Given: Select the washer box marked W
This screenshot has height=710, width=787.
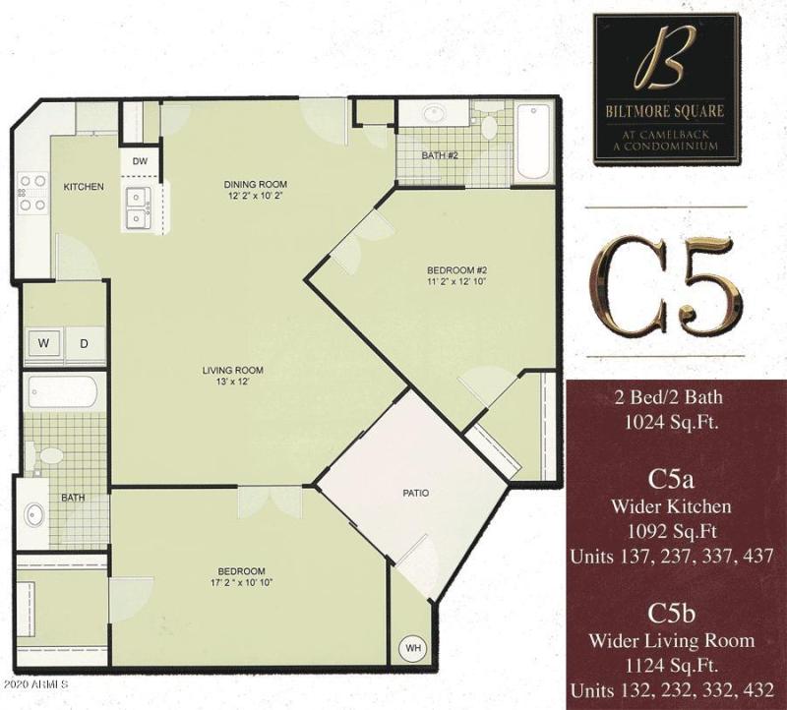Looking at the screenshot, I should click(x=44, y=343).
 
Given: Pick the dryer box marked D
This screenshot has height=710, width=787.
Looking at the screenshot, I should click(x=84, y=343).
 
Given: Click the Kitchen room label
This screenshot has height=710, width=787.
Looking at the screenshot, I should click(x=84, y=187).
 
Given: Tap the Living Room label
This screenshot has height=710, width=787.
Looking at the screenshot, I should click(x=233, y=370).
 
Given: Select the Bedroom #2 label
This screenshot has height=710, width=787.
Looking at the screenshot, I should click(x=456, y=269).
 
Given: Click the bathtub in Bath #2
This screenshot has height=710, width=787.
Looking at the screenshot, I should click(x=534, y=142).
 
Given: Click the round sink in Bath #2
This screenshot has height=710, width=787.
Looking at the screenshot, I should click(x=433, y=114).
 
